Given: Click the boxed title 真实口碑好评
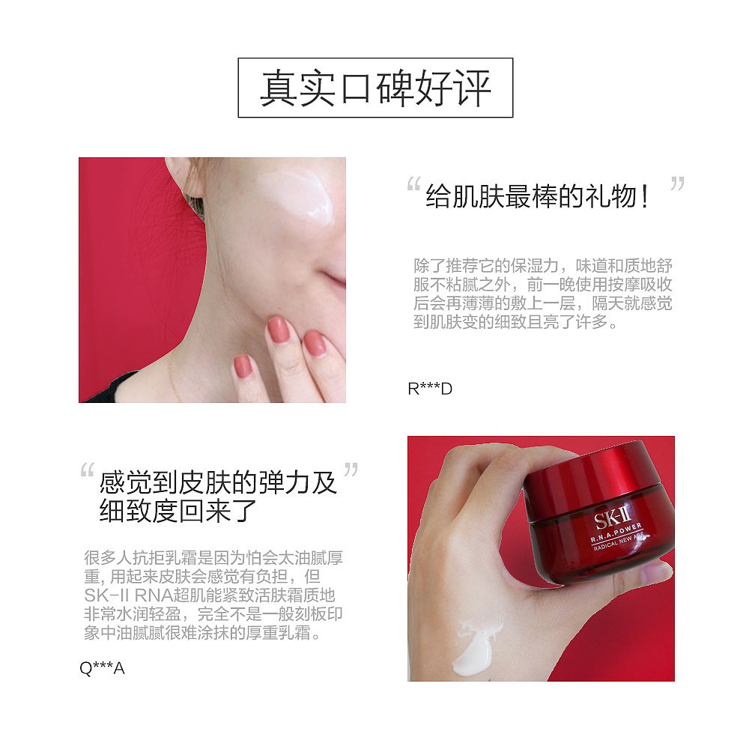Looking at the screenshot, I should tap(375, 88).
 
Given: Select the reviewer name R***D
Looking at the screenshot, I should tap(430, 389).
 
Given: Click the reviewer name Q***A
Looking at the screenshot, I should tap(102, 667).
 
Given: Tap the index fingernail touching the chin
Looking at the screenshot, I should tap(279, 329).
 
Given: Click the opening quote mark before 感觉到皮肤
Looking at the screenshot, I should tap(87, 472).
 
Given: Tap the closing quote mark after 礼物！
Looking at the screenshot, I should tap(677, 184).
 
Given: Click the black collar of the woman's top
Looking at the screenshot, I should tap(112, 389).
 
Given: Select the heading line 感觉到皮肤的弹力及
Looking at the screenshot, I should tap(218, 482).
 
